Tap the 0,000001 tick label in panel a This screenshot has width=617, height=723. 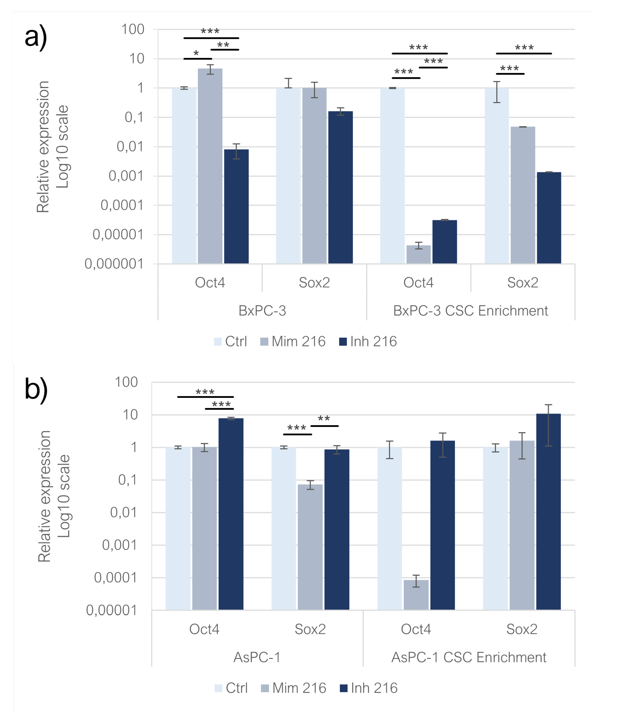pyautogui.click(x=114, y=264)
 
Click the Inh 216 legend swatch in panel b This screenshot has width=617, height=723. pyautogui.click(x=343, y=688)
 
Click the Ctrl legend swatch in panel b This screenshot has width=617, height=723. pyautogui.click(x=218, y=688)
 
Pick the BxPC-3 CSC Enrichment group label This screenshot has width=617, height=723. pyautogui.click(x=470, y=311)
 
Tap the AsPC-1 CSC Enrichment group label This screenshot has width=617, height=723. pyautogui.click(x=468, y=657)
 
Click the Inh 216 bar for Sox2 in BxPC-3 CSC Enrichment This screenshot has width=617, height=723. pyautogui.click(x=548, y=218)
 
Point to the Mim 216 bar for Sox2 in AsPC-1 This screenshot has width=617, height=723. pyautogui.click(x=310, y=547)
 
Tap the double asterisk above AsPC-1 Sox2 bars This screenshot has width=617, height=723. pyautogui.click(x=324, y=419)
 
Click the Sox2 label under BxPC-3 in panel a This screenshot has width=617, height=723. pyautogui.click(x=314, y=283)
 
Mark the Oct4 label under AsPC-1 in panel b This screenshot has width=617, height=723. pyautogui.click(x=204, y=629)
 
